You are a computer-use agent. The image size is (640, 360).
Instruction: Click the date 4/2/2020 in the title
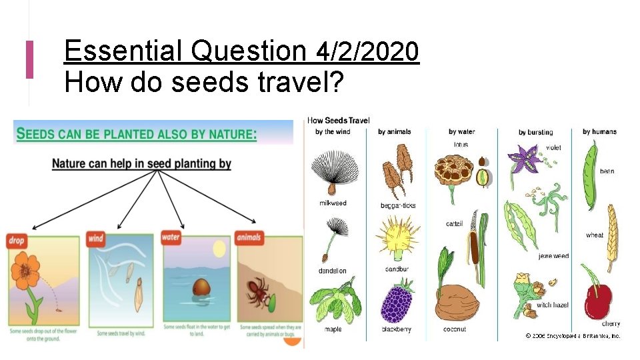tap(368, 51)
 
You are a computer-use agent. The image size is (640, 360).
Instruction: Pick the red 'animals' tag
tap(249, 237)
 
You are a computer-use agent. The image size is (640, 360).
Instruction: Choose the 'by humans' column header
tap(599, 131)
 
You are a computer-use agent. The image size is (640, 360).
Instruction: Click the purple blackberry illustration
tap(396, 303)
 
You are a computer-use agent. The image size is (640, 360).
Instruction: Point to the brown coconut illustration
tap(457, 303)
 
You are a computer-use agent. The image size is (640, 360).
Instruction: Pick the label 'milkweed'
tap(333, 203)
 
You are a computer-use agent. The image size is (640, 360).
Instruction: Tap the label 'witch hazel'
tap(553, 305)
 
